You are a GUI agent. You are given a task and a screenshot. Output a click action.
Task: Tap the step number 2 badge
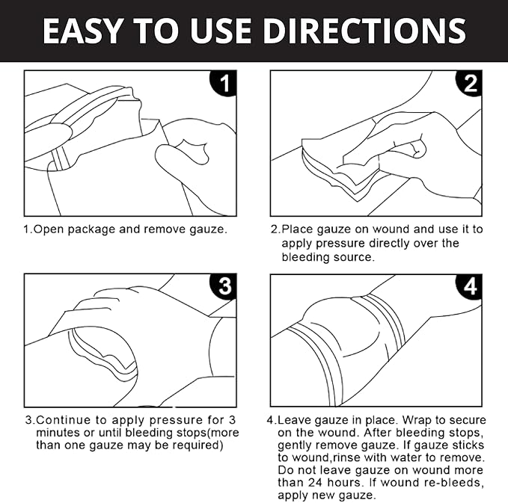pyautogui.click(x=470, y=84)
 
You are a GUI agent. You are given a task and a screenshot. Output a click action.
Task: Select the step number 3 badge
pyautogui.click(x=224, y=287)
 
